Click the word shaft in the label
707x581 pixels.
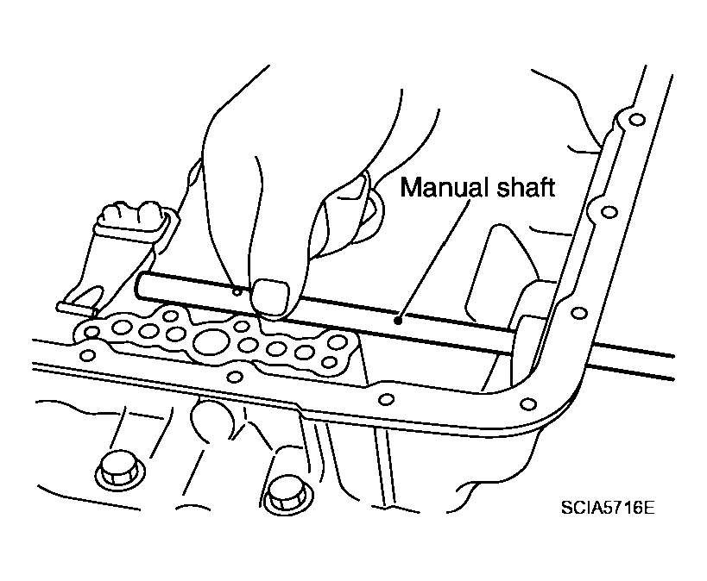point(526,187)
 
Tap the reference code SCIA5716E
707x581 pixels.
point(608,508)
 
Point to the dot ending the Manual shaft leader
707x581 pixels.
point(398,321)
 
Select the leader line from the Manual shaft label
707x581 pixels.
point(433,261)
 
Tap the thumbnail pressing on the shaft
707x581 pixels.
point(270,297)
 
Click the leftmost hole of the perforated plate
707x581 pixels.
point(92,333)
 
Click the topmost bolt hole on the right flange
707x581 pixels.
point(637,121)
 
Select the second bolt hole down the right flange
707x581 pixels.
point(609,212)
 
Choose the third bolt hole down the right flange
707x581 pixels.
point(579,313)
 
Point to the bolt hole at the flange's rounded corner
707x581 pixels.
point(528,403)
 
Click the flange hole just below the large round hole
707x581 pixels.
point(234,377)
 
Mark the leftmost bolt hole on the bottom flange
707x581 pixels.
point(87,355)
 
